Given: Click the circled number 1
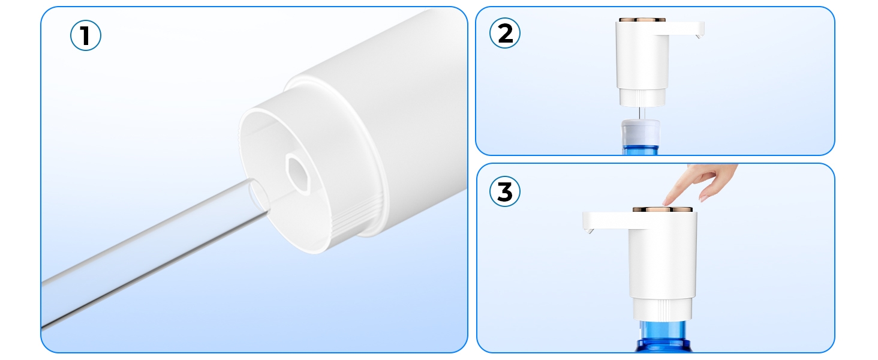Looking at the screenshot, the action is pyautogui.click(x=85, y=35).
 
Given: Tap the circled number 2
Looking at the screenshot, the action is pyautogui.click(x=505, y=33).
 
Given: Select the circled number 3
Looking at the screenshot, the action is pyautogui.click(x=505, y=191).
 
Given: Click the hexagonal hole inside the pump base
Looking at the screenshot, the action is pyautogui.click(x=299, y=173).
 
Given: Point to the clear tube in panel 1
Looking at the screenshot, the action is pyautogui.click(x=153, y=251).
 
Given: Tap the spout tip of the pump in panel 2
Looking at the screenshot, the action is pyautogui.click(x=699, y=37).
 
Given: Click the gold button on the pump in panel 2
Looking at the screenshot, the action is pyautogui.click(x=642, y=20).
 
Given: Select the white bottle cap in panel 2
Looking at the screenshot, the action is pyautogui.click(x=641, y=133).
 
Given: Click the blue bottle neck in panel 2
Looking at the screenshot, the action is pyautogui.click(x=641, y=150).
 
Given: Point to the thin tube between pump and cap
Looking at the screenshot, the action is pyautogui.click(x=642, y=113).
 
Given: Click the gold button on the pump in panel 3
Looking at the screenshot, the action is pyautogui.click(x=663, y=209).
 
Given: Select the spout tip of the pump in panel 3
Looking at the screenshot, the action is pyautogui.click(x=589, y=232).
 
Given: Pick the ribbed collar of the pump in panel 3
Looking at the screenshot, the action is pyautogui.click(x=663, y=310).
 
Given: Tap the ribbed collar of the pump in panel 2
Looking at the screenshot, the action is pyautogui.click(x=642, y=97).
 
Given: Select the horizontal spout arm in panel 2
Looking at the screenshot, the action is pyautogui.click(x=686, y=28).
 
